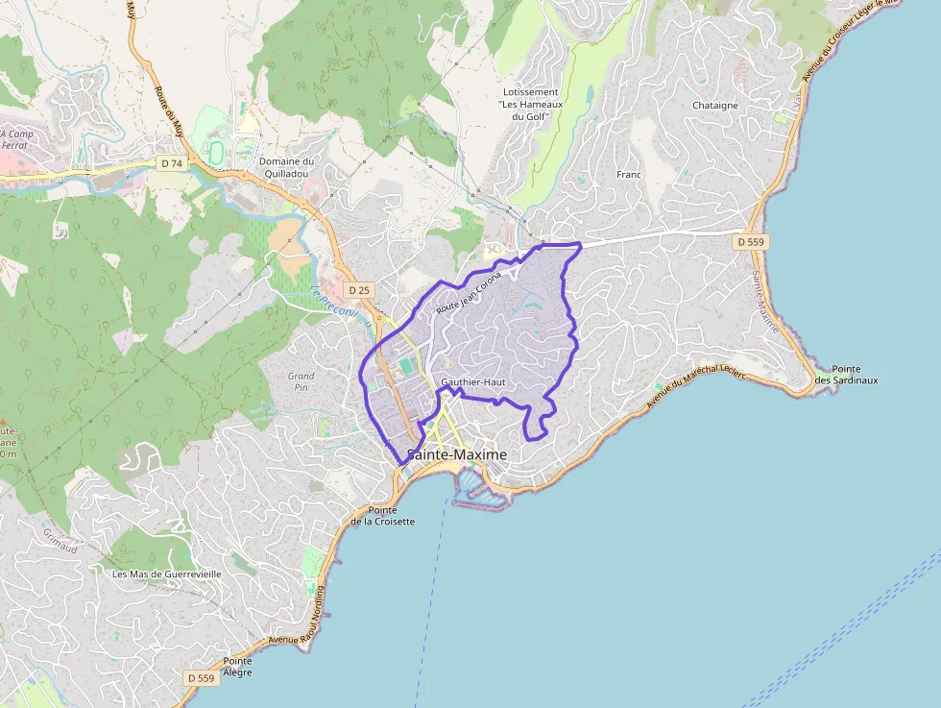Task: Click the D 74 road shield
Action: click(x=172, y=163)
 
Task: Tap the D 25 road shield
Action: click(x=359, y=289)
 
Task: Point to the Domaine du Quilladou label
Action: click(x=286, y=168)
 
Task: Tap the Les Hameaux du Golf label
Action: click(x=530, y=104)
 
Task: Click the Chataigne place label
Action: click(x=715, y=106)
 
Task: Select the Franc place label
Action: click(x=629, y=175)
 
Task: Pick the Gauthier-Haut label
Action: click(x=472, y=382)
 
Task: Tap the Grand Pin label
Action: click(x=302, y=382)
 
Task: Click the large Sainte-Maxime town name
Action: click(x=457, y=454)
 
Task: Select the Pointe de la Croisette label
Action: click(x=382, y=516)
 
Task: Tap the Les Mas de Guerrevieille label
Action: click(x=167, y=574)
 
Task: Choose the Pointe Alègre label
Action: click(x=237, y=667)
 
